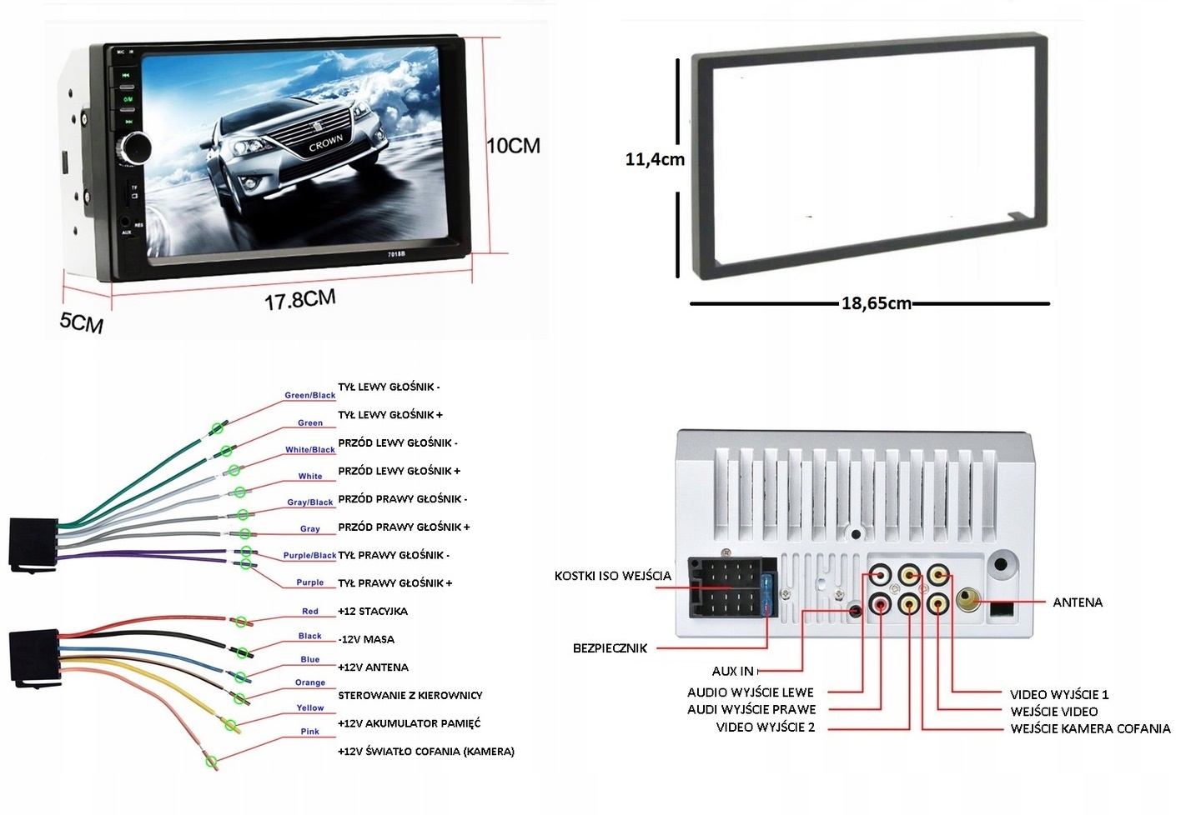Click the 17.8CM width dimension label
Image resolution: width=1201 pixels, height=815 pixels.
(x=300, y=299)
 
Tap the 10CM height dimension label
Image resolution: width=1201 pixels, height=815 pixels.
(x=513, y=146)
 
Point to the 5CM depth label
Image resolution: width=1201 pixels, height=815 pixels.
(x=81, y=322)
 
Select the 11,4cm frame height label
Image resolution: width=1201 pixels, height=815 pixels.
(x=655, y=159)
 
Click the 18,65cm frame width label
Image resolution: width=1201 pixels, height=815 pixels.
(x=876, y=303)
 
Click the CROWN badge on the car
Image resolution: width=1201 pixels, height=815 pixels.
(x=325, y=143)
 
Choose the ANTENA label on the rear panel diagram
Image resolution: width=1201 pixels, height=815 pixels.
(x=1078, y=602)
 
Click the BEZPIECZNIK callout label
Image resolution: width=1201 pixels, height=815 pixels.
(x=610, y=648)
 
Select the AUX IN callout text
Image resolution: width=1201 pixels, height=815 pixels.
(x=732, y=671)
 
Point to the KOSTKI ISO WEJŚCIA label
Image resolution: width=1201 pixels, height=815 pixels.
(x=612, y=576)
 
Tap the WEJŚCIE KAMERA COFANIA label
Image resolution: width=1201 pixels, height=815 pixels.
(x=1090, y=729)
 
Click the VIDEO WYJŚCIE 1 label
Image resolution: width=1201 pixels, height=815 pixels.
(x=1059, y=694)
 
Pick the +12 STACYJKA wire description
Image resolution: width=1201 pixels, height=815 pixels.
(x=373, y=612)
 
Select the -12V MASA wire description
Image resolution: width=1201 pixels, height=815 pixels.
(x=366, y=640)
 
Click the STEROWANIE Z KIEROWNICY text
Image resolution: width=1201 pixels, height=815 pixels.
(x=410, y=696)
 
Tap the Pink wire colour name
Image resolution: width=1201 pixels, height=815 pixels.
(x=310, y=732)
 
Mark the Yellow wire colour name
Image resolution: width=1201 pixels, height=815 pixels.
(x=310, y=707)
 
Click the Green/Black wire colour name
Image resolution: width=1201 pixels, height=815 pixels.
(x=310, y=395)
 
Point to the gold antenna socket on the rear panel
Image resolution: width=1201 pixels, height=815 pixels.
(x=968, y=600)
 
